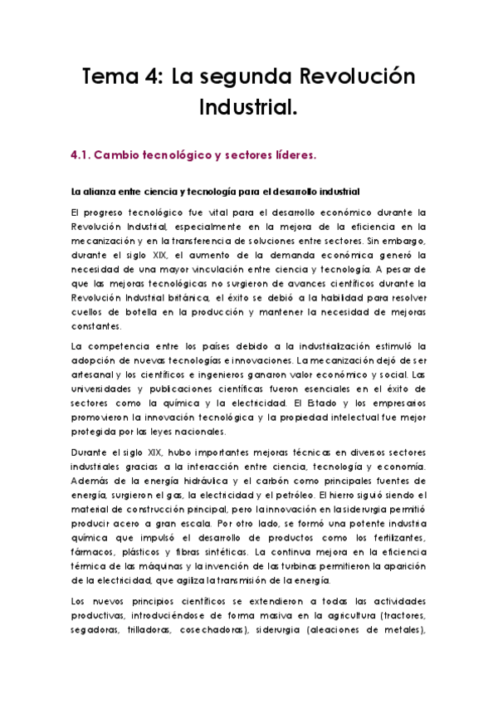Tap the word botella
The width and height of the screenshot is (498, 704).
129,311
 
